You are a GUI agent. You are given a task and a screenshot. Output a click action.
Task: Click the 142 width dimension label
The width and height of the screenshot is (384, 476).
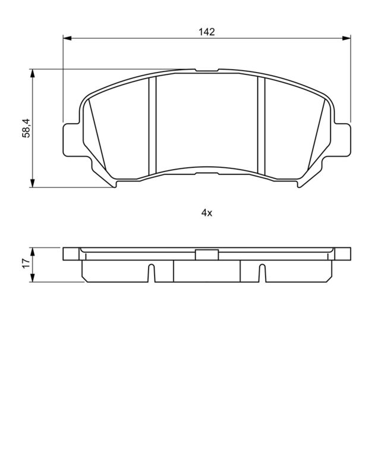(x=206, y=32)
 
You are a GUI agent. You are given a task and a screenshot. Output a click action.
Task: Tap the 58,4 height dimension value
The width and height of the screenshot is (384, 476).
(x=26, y=128)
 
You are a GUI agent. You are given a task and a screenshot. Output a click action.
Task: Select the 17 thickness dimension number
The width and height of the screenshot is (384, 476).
(x=26, y=264)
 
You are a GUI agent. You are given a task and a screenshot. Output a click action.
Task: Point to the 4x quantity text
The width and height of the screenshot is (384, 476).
(x=206, y=212)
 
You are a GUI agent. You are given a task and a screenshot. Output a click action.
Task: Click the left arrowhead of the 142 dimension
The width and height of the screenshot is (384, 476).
(x=67, y=39)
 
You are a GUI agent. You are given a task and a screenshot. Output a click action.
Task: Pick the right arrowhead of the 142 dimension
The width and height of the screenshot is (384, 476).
(x=347, y=39)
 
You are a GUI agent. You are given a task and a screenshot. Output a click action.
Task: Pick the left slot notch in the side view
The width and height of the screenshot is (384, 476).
(x=151, y=274)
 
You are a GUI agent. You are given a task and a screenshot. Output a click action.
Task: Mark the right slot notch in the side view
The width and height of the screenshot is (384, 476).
(x=262, y=274)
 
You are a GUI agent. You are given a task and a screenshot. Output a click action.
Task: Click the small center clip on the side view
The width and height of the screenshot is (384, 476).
(x=206, y=255)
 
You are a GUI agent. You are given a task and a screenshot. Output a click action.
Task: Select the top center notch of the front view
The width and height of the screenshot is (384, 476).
(x=206, y=71)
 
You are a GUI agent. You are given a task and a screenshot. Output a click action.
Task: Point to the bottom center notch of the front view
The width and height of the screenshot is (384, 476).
(x=206, y=173)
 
